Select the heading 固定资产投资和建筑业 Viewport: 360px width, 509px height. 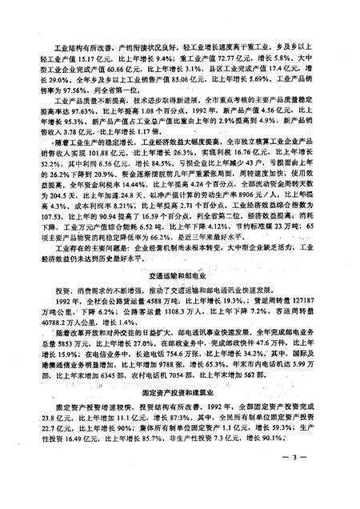pyautogui.click(x=179, y=415)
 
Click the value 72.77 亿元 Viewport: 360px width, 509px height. pyautogui.click(x=238, y=58)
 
